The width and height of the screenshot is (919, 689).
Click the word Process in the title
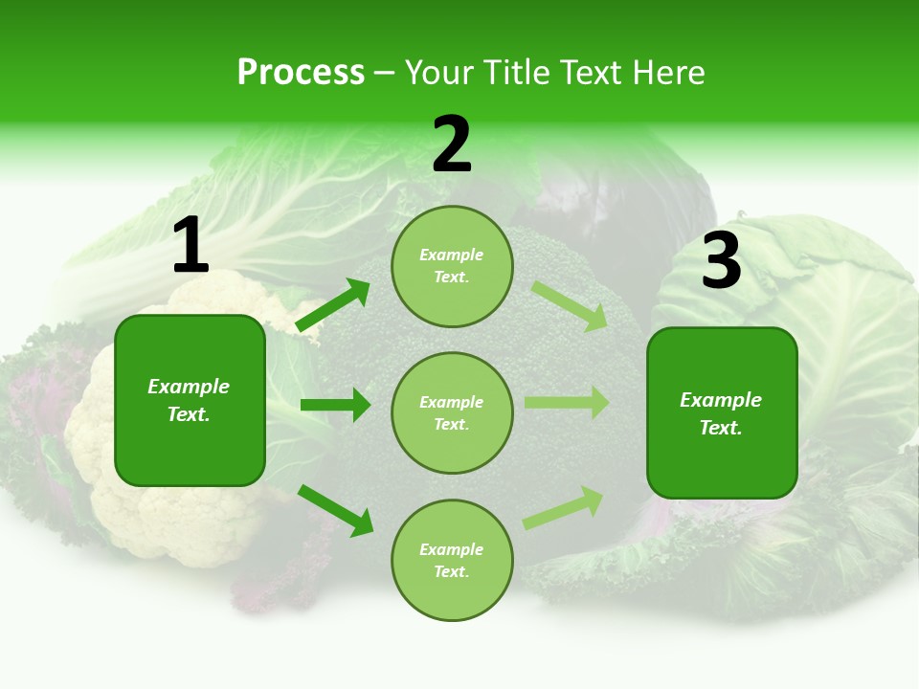301,72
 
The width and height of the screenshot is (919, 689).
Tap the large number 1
191,246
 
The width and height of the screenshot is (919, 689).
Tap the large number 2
452,144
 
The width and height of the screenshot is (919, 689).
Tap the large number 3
721,261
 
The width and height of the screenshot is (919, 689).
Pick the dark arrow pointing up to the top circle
333,305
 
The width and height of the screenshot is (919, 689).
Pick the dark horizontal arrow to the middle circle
335,405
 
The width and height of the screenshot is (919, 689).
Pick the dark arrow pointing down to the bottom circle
336,510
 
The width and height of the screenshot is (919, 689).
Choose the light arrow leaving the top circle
570,305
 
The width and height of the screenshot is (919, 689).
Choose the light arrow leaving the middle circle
567,402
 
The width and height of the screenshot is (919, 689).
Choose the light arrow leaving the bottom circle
564,507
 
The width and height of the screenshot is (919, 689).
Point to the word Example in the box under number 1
189,387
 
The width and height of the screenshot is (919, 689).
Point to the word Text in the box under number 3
719,428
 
